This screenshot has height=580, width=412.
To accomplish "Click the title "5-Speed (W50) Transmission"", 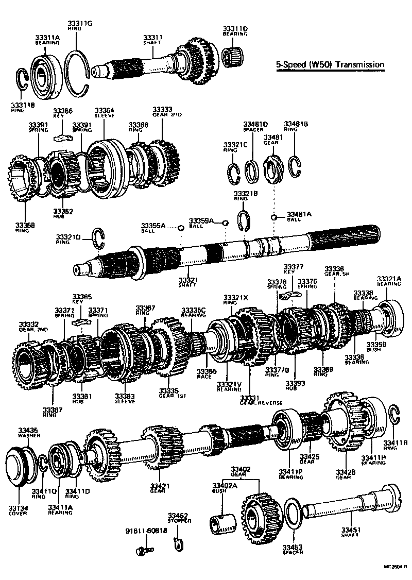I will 330,65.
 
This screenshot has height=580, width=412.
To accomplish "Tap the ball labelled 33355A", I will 181,228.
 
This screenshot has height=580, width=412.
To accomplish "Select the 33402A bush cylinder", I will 223,524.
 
